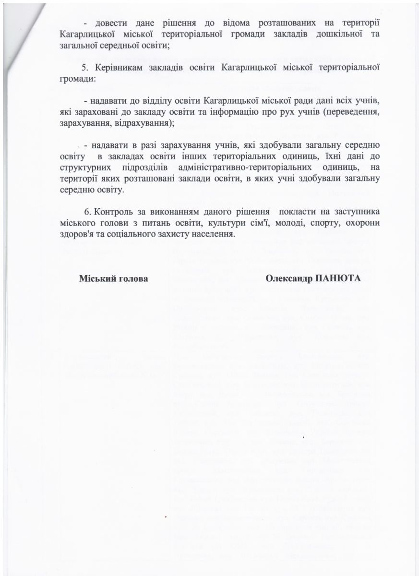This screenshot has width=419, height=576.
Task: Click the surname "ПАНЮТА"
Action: coord(337,279)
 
